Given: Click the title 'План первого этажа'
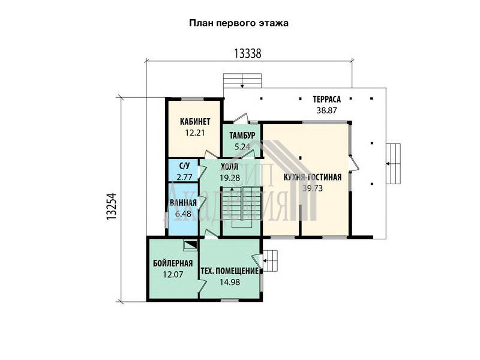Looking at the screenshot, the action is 239,23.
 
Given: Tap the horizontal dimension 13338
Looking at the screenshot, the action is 248,53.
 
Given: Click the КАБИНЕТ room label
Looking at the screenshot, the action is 195,122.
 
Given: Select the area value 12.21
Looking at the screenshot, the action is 194,133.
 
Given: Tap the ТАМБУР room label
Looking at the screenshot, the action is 242,136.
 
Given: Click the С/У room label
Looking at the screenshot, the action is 184,166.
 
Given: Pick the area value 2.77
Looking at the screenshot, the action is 184,177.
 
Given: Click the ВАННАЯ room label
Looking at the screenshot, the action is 183,203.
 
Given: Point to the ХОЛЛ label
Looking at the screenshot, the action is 230,167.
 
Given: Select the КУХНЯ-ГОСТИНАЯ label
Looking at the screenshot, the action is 313,177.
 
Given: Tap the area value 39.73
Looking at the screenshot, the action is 313,188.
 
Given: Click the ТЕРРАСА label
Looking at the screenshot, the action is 326,100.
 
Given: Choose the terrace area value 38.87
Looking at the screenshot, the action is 326,110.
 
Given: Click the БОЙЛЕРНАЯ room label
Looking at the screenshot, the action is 173,263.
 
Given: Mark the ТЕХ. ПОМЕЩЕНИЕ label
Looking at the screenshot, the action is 230,271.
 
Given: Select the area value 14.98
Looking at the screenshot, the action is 230,282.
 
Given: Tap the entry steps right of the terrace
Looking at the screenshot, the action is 394,164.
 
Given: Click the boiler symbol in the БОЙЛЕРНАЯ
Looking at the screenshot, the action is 190,245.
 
